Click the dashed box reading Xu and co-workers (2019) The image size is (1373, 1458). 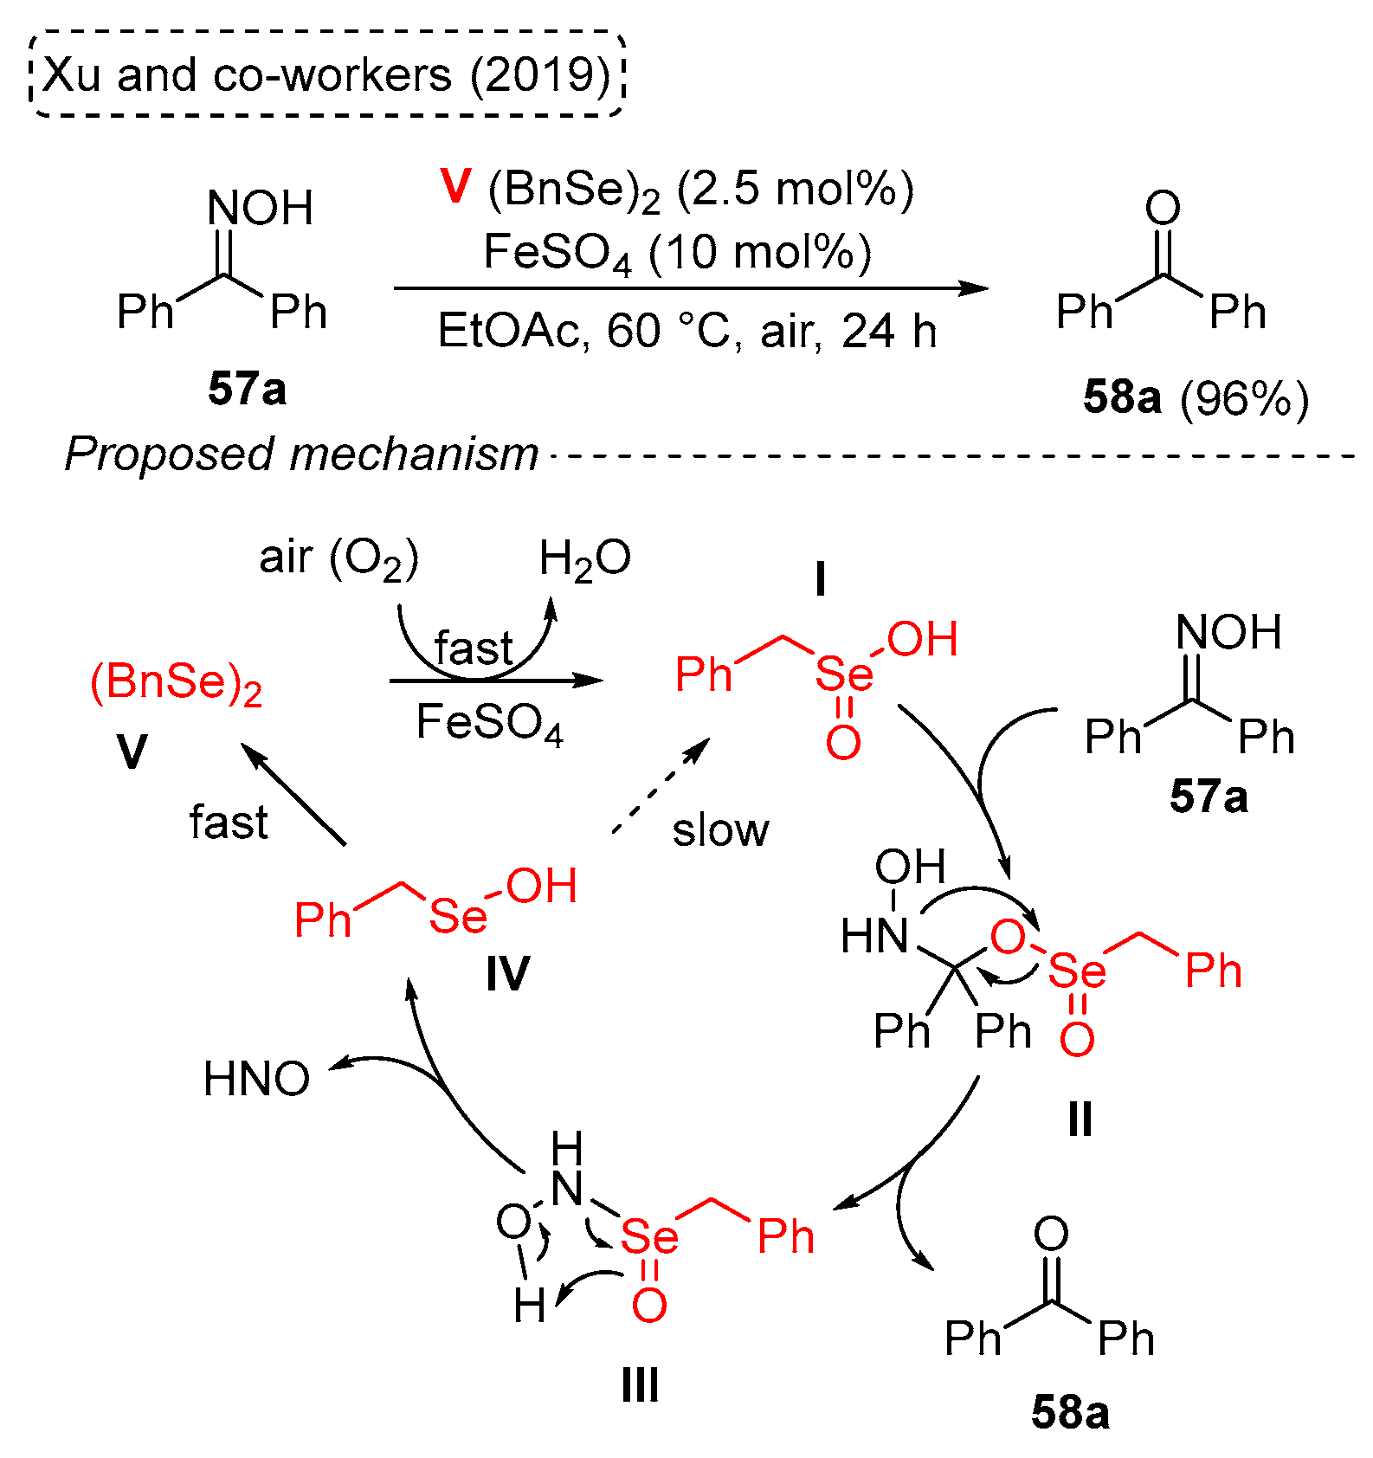point(327,74)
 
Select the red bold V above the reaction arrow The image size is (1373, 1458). point(454,186)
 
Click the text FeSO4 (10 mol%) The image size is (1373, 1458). point(676,253)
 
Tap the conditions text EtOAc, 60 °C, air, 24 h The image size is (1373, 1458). point(686,331)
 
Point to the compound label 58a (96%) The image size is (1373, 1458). point(1196,398)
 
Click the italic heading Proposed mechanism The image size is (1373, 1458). point(301,454)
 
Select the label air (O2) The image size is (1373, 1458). point(338,558)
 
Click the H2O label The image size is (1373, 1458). point(584,558)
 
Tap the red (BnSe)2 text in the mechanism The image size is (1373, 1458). point(176,683)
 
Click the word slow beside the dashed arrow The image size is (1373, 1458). point(720,829)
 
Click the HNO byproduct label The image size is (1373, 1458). point(256,1079)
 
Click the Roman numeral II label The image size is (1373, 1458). point(1080,1119)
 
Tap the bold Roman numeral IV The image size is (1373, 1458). point(506,975)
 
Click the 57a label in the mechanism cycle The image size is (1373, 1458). point(1209,796)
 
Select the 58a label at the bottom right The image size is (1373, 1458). point(1070,1412)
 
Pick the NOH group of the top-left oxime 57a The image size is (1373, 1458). point(260,209)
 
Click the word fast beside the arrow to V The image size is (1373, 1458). point(229,822)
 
